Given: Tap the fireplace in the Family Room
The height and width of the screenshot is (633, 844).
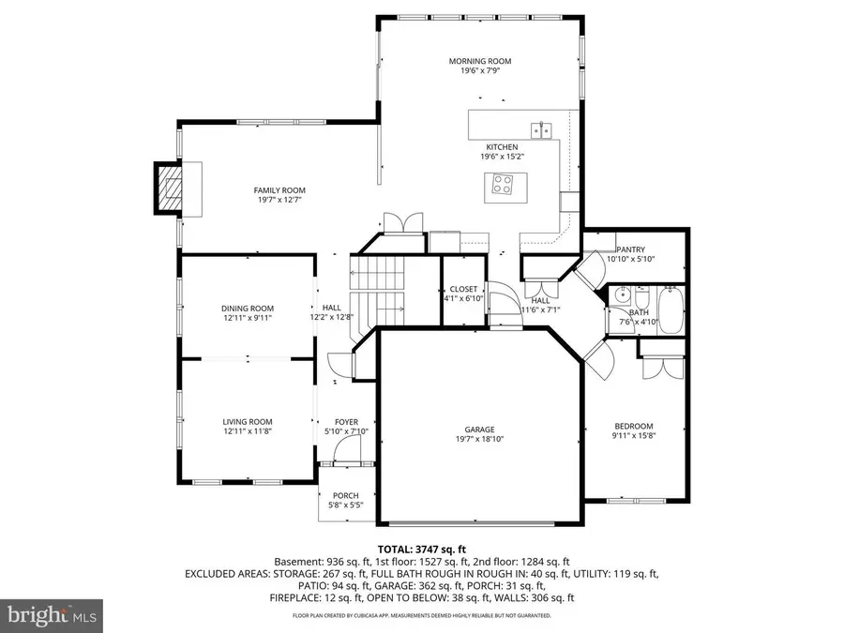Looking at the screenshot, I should (x=169, y=189).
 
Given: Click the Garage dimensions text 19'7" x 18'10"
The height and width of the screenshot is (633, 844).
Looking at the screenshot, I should (x=479, y=439).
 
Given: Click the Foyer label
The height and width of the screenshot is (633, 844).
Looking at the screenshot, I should (x=334, y=422).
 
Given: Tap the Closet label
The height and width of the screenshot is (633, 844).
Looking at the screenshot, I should (x=463, y=289).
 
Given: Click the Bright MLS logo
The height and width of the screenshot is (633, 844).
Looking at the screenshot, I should (x=53, y=616).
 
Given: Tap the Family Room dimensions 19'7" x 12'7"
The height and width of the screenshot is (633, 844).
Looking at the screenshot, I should (x=281, y=200).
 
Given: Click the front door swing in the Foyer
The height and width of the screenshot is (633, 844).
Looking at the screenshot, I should (x=348, y=453).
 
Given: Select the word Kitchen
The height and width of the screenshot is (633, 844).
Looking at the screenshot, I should (x=502, y=147).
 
